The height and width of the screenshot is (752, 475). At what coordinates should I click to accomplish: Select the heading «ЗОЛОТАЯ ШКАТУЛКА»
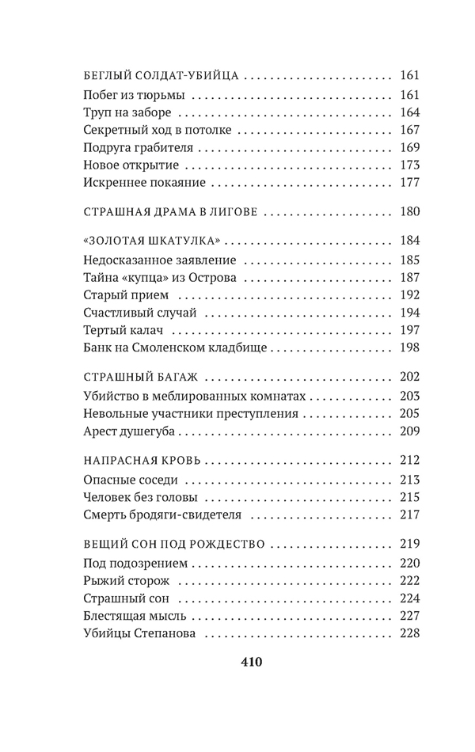[150, 241]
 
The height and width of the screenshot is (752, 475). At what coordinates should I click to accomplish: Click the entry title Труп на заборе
[124, 112]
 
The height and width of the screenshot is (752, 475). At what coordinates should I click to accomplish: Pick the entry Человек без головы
[140, 497]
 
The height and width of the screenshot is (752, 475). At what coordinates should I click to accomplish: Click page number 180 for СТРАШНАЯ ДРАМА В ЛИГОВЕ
[409, 212]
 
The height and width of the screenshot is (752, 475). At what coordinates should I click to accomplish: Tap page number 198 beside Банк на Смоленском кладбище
[409, 348]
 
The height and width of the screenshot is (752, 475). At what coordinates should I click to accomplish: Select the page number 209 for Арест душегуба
[409, 431]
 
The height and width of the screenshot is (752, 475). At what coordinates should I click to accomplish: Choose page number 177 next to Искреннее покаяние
[409, 183]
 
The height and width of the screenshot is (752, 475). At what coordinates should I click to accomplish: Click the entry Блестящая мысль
[134, 615]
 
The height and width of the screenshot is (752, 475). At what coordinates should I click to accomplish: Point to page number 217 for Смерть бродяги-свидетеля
[409, 515]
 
